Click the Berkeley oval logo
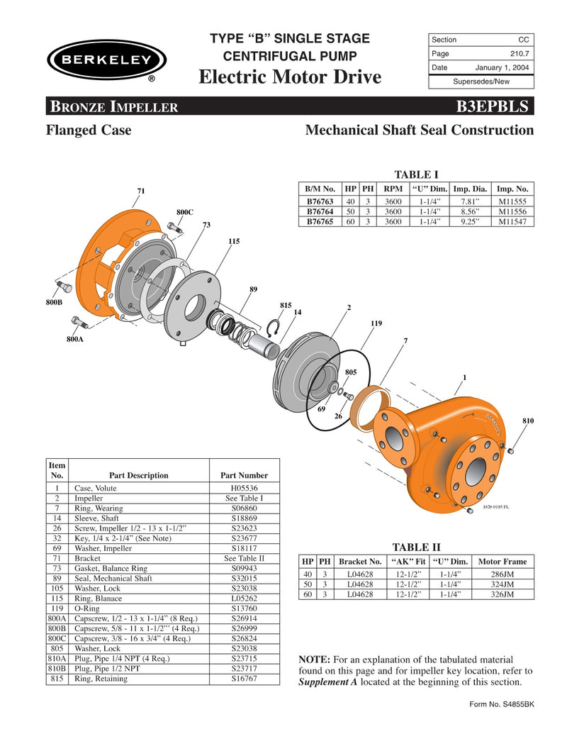point(106,60)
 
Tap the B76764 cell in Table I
point(320,211)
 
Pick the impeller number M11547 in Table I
point(512,221)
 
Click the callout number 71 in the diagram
point(141,191)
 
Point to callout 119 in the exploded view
point(376,323)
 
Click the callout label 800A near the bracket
point(75,340)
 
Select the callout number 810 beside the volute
point(528,421)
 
